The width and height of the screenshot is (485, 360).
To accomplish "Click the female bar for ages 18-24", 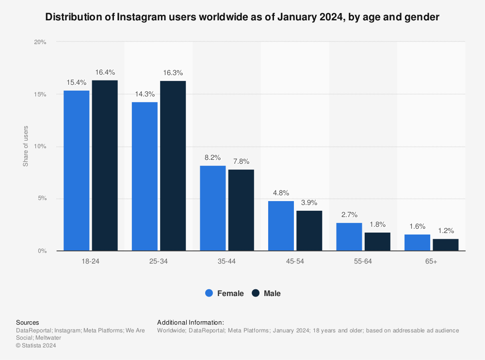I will pos(77,171).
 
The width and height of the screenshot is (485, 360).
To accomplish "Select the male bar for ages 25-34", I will pos(173,166).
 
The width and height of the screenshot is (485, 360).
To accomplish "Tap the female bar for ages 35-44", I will pos(213,208).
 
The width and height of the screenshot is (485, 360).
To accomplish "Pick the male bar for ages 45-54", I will pos(309,231).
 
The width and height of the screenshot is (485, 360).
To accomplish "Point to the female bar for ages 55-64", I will pos(349,237).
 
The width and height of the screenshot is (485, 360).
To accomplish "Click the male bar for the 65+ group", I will pos(445,245).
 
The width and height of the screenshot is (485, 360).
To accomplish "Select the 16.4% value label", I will pos(105,72).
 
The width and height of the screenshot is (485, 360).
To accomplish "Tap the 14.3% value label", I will pos(145,94).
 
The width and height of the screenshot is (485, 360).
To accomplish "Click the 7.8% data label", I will pos(241,161).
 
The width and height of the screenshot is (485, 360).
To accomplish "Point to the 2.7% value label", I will pos(349,215).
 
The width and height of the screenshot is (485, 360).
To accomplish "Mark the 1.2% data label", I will pos(445,231).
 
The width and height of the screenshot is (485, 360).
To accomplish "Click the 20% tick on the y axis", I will pos(40,42).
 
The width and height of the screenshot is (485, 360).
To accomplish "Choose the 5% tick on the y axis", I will pos(42,199).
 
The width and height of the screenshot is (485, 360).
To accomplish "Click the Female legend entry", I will pos(225,293).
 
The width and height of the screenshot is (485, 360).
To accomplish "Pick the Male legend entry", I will pos(266,293).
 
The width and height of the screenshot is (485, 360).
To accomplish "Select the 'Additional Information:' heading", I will pos(191,322).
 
